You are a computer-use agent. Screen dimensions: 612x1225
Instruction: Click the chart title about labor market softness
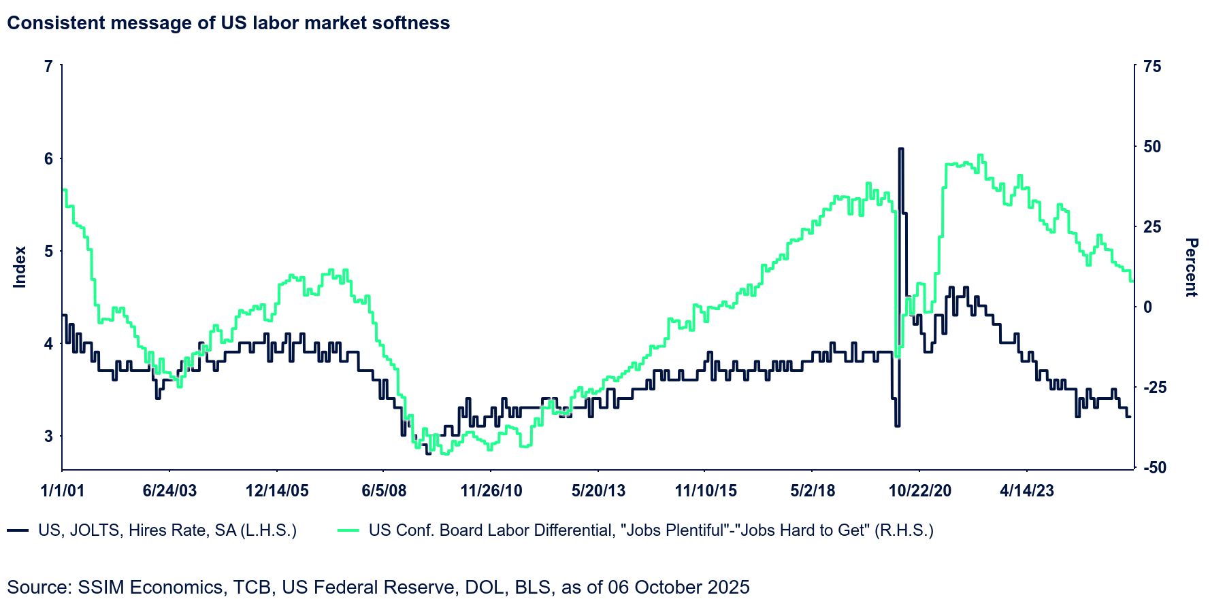click(229, 23)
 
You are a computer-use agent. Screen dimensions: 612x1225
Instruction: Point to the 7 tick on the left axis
click(48, 67)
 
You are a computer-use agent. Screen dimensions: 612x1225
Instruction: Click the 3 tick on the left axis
click(48, 436)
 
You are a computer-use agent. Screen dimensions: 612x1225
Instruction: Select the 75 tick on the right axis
click(1153, 67)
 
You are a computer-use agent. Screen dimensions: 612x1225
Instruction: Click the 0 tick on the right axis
click(1148, 307)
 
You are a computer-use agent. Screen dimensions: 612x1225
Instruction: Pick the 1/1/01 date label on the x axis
click(63, 491)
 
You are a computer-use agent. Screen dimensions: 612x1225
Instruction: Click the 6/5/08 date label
click(384, 491)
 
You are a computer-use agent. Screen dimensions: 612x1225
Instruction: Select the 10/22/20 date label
click(920, 491)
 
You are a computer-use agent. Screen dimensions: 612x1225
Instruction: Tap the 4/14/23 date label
click(1027, 491)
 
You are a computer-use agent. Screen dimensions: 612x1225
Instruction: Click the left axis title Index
click(20, 267)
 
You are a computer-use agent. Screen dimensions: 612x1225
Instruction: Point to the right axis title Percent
click(1191, 267)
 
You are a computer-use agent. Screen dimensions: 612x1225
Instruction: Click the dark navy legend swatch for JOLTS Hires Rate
click(18, 530)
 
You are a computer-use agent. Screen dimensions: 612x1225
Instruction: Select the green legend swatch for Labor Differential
click(348, 530)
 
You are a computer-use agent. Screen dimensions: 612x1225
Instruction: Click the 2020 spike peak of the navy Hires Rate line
click(900, 148)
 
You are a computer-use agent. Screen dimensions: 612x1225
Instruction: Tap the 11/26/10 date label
click(491, 491)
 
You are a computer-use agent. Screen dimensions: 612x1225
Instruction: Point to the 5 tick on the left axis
click(48, 252)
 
